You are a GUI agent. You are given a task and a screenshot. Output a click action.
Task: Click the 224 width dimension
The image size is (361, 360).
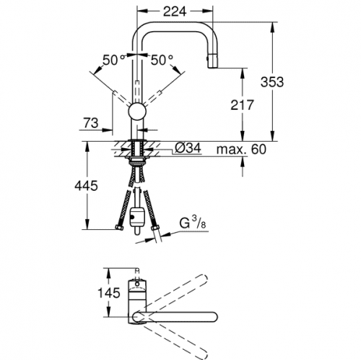pos(175,11)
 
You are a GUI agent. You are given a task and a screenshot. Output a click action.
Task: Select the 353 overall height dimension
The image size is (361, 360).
pos(272,82)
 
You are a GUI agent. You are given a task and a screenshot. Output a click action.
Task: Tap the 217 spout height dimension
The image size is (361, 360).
pos(242,105)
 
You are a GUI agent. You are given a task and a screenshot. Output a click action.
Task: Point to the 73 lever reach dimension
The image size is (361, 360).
pos(91,123)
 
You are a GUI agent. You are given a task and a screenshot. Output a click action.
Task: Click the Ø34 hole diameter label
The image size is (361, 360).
pos(188,147)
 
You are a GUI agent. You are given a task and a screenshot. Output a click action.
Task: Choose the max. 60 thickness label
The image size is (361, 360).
pos(241,149)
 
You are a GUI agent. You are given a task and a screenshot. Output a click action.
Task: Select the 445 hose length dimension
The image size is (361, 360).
pos(86,186)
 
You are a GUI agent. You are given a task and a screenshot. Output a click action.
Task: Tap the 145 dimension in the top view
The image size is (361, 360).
pos(108,293)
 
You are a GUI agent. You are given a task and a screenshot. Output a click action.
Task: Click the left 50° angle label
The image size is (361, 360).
pos(113,60)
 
